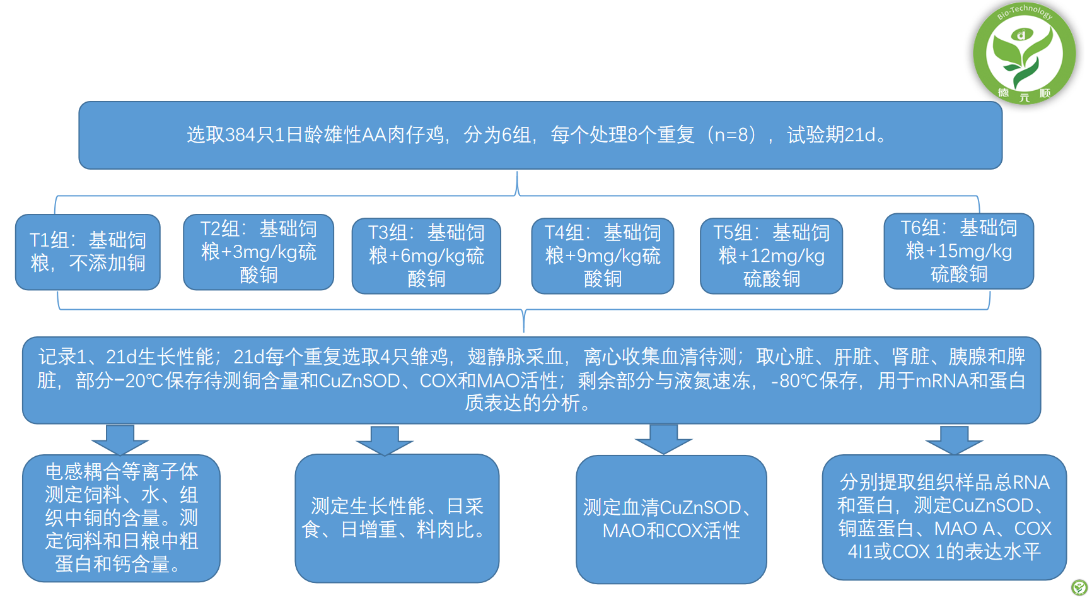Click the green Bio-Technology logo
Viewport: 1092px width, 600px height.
tap(1025, 54)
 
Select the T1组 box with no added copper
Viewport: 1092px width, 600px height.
tap(88, 252)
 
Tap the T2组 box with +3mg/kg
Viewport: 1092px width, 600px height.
tap(258, 252)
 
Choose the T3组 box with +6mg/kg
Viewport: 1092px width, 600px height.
tap(426, 256)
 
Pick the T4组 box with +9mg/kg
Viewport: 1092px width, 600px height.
tap(603, 256)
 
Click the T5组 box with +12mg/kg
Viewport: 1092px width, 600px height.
tap(772, 256)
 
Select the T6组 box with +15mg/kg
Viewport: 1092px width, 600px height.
tap(959, 251)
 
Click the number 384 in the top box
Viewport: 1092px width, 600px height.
tap(240, 135)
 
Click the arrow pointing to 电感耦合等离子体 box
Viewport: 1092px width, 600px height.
tap(120, 440)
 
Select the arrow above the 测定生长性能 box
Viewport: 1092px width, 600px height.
tap(385, 440)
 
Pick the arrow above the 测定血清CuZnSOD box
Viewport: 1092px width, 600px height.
tap(663, 439)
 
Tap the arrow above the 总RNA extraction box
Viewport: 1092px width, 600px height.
tap(954, 440)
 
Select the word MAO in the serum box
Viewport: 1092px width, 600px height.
tap(624, 531)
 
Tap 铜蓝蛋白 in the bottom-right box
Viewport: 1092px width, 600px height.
tap(876, 529)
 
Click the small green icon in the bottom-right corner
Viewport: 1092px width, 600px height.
tap(1079, 588)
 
